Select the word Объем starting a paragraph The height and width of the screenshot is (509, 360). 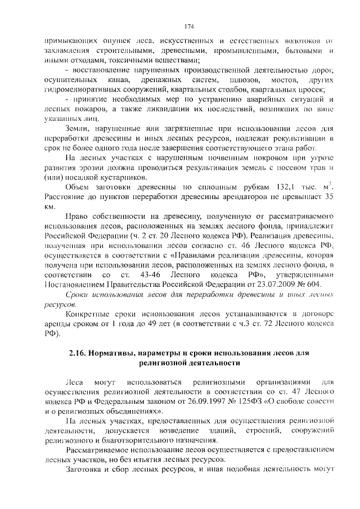click(x=79, y=186)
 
